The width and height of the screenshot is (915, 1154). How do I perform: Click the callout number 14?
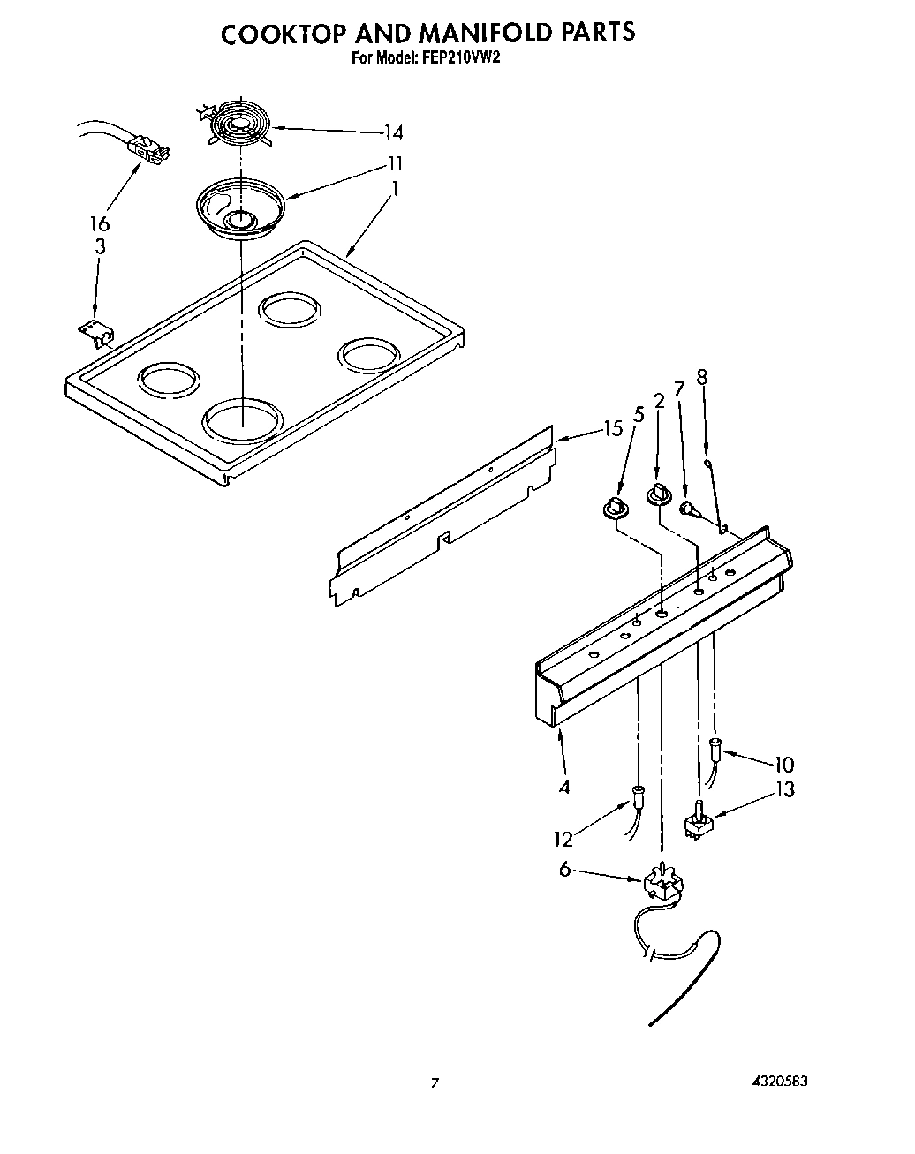[393, 132]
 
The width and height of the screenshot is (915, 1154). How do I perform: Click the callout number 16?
[100, 223]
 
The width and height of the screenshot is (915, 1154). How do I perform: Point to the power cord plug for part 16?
[147, 147]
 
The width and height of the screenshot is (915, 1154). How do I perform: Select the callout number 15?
[613, 429]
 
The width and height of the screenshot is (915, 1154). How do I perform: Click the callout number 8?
[702, 377]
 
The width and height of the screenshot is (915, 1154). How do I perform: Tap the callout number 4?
[563, 786]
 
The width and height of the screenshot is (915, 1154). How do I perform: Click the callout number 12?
[563, 839]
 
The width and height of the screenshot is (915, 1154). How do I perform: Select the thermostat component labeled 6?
[662, 884]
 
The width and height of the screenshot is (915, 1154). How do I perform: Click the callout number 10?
[783, 765]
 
